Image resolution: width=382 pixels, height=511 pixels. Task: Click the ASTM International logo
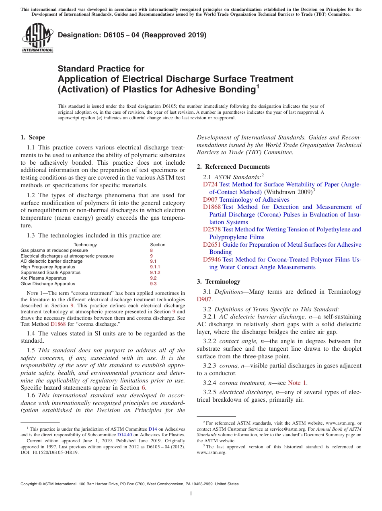[37, 38]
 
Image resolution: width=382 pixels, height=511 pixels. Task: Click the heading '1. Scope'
[33, 137]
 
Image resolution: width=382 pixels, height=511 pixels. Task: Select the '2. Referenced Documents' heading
[233, 167]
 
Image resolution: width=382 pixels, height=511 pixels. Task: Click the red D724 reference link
[210, 184]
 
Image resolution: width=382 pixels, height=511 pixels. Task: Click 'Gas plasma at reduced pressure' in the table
[54, 250]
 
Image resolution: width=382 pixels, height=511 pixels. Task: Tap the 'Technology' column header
[85, 245]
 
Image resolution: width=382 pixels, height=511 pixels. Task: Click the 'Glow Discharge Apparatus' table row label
[48, 284]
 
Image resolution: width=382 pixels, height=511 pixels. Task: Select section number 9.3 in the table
[153, 284]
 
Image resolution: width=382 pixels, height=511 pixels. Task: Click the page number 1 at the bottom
[191, 494]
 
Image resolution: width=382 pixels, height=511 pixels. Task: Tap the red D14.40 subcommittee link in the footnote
[124, 435]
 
